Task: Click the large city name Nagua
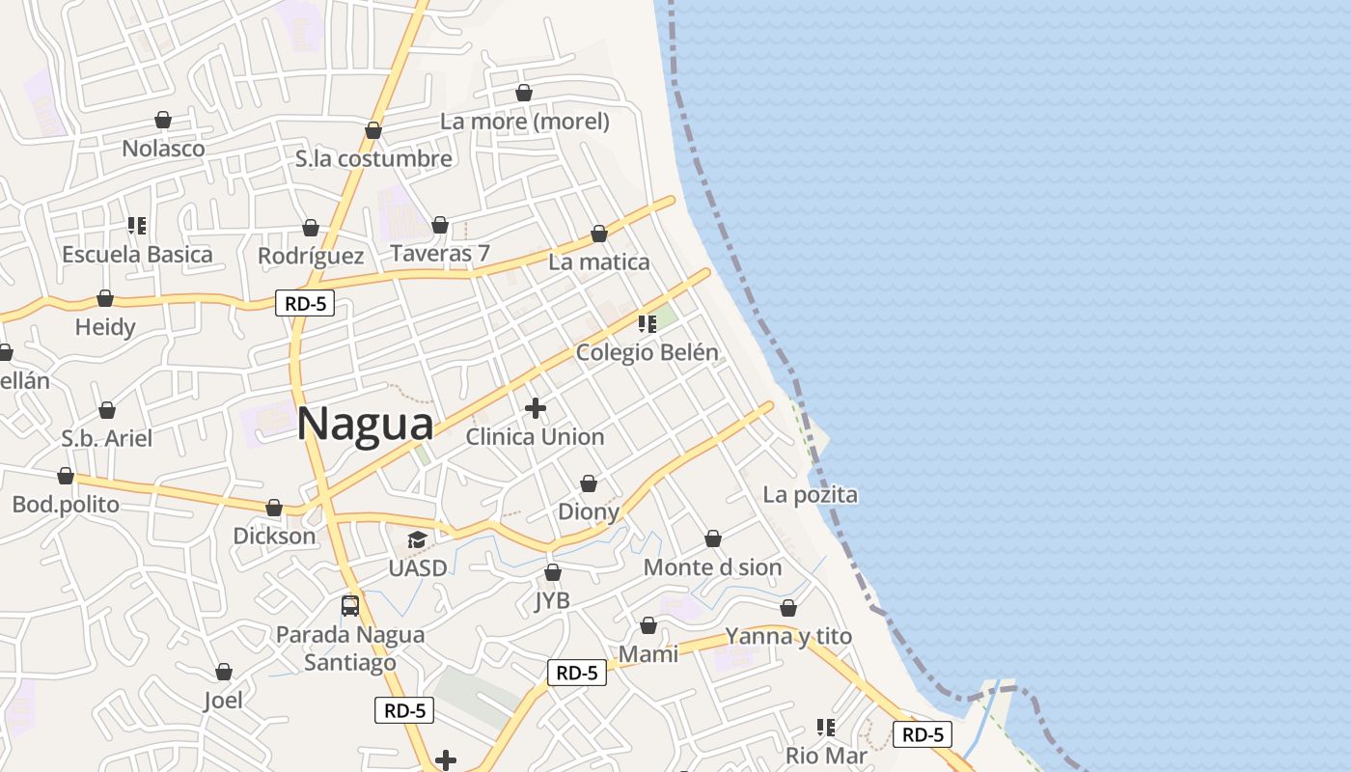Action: point(366,425)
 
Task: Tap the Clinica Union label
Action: point(535,437)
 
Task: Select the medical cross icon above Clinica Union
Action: point(536,408)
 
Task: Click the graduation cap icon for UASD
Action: point(417,539)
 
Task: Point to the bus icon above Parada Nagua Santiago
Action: point(350,606)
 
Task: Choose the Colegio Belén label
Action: point(647,352)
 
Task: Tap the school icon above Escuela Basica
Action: point(137,226)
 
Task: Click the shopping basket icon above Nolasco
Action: point(163,120)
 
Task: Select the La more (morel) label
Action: point(525,122)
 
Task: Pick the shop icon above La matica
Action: point(599,234)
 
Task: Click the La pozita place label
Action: point(810,495)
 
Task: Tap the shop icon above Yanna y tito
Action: point(788,608)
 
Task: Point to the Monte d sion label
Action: point(712,567)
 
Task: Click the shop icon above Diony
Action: point(589,482)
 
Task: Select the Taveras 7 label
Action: point(440,254)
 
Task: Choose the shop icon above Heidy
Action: point(105,298)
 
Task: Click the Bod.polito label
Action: point(66,505)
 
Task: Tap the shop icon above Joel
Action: point(224,672)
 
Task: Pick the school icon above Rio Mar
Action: point(825,727)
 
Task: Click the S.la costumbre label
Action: point(374,159)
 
